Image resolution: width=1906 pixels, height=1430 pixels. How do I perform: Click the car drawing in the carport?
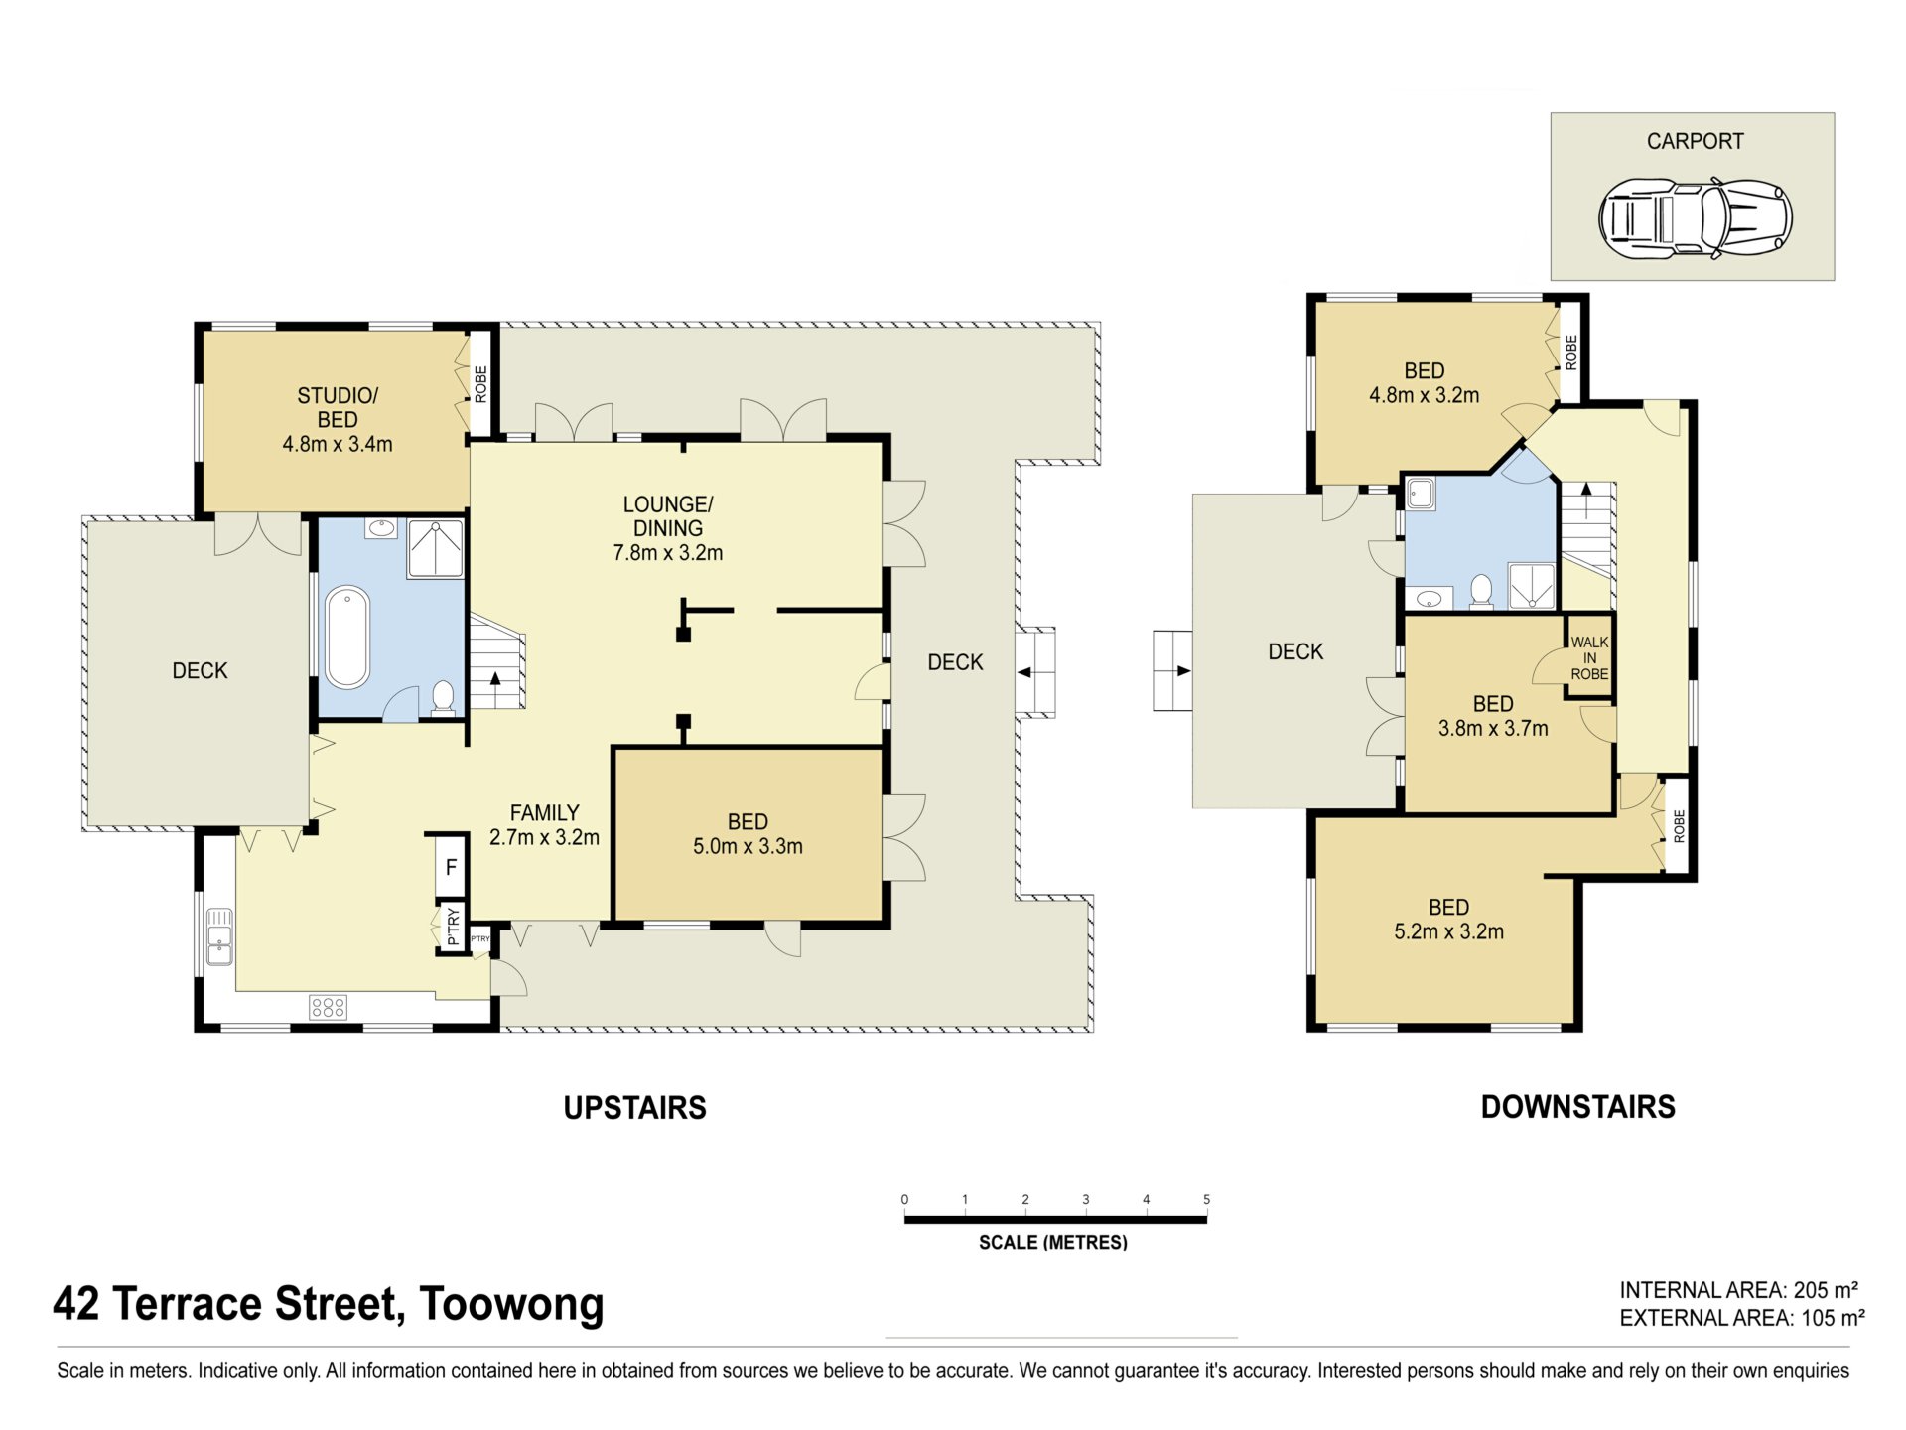pyautogui.click(x=1695, y=217)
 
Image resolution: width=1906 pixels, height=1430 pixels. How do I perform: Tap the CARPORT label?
pyautogui.click(x=1695, y=141)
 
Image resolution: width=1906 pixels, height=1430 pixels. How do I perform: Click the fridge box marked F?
pyautogui.click(x=451, y=867)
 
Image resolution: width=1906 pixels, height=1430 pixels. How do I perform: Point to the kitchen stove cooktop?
pyautogui.click(x=328, y=1008)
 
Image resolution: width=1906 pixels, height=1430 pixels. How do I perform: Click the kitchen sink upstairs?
pyautogui.click(x=219, y=936)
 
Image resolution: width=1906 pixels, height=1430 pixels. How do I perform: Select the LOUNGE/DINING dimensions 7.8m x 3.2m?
pyautogui.click(x=668, y=553)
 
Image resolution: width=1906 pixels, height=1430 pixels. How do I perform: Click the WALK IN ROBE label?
pyautogui.click(x=1589, y=658)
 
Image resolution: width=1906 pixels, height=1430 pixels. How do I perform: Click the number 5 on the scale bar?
pyautogui.click(x=1206, y=1199)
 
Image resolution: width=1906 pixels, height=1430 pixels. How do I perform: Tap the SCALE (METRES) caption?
pyautogui.click(x=1053, y=1242)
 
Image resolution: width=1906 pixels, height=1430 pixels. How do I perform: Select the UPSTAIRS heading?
pyautogui.click(x=635, y=1108)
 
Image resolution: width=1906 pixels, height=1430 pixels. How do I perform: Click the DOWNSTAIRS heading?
pyautogui.click(x=1578, y=1107)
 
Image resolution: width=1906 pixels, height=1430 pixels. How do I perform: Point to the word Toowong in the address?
pyautogui.click(x=511, y=1305)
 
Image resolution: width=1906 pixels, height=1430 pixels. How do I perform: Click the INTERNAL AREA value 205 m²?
pyautogui.click(x=1826, y=1290)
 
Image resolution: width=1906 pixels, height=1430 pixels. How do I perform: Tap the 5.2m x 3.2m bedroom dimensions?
pyautogui.click(x=1448, y=931)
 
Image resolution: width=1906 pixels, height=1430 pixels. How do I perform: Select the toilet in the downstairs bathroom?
pyautogui.click(x=1481, y=591)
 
